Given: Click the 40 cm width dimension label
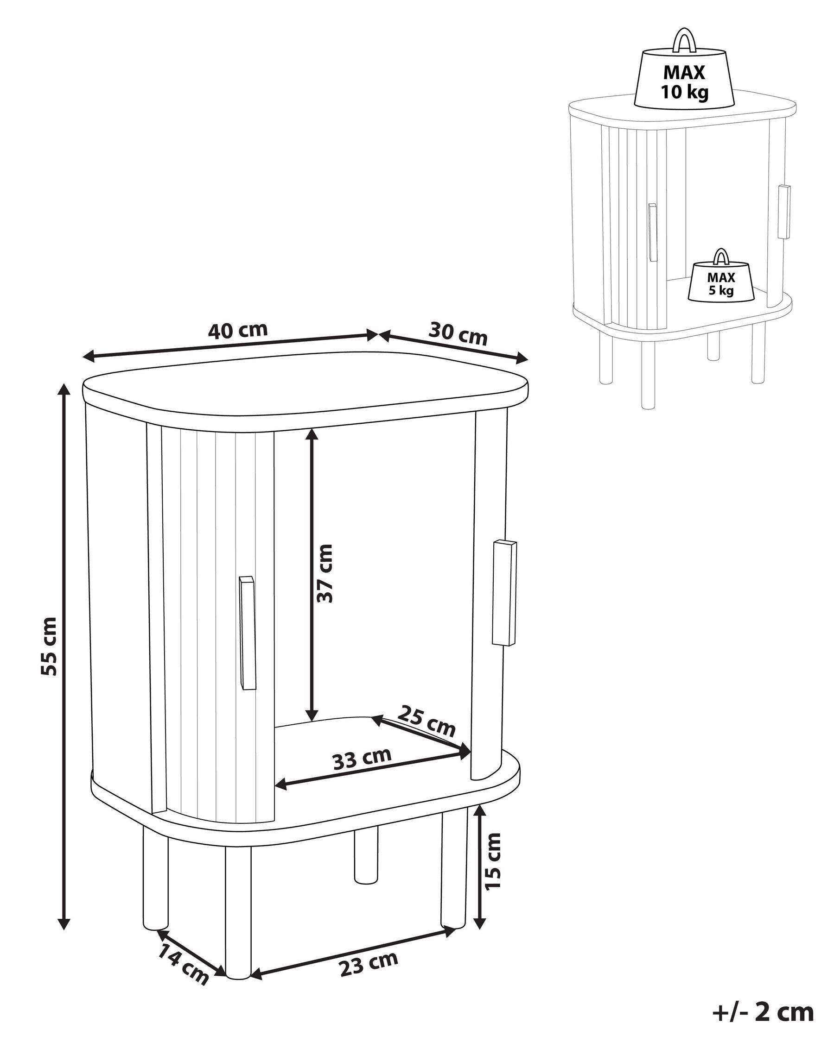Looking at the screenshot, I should click(x=237, y=330).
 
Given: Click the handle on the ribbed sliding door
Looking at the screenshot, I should click(x=247, y=633).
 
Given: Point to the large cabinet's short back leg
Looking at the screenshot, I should click(x=365, y=856).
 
